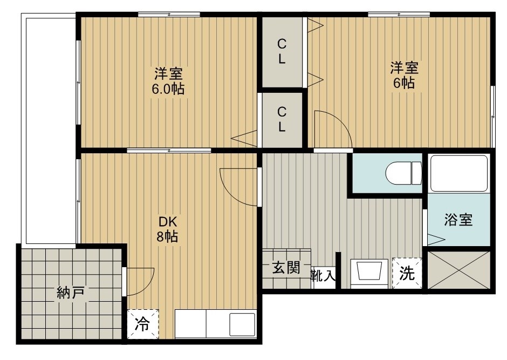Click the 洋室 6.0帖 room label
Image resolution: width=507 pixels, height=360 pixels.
[168, 80]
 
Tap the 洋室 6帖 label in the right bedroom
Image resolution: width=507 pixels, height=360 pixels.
[404, 75]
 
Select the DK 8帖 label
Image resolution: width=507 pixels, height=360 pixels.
[168, 229]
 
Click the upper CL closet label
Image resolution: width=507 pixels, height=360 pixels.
[282, 51]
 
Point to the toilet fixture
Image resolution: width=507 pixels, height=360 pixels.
[403, 173]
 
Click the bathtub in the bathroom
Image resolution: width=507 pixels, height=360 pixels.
[459, 173]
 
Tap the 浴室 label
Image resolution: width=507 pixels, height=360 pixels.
[458, 220]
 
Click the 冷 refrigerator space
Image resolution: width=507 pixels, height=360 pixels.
[142, 324]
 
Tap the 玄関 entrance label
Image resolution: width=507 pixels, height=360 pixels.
[285, 268]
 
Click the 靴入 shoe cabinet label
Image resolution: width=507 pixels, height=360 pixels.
[324, 276]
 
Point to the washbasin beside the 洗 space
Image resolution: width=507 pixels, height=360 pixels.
[369, 271]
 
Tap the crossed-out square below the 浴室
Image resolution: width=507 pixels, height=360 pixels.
[459, 270]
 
